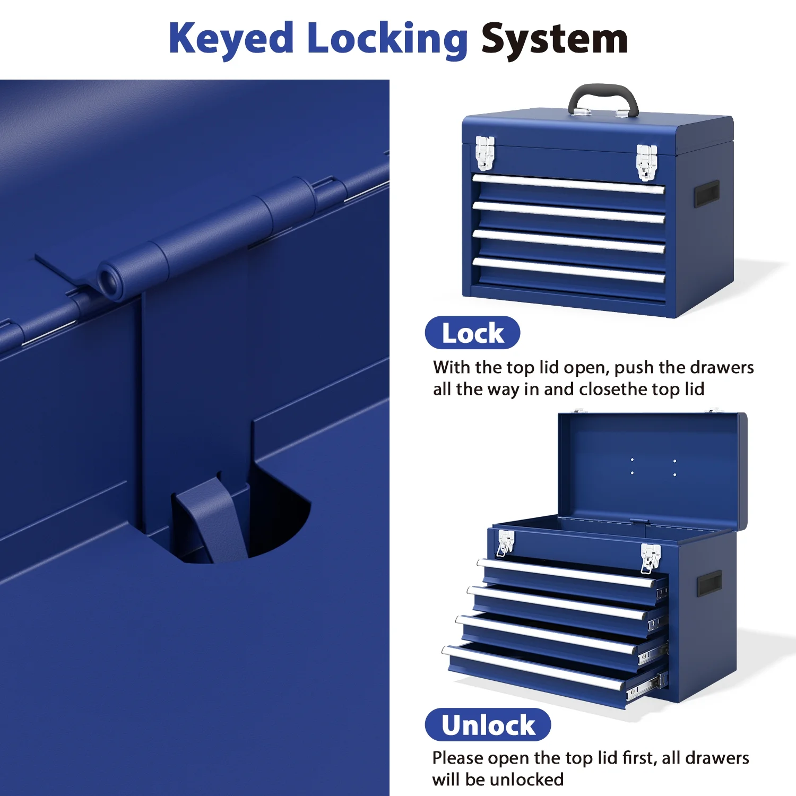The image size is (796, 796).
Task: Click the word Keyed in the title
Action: tap(231, 38)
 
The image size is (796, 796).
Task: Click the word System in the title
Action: tap(555, 39)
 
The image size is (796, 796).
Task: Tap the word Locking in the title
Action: tap(387, 38)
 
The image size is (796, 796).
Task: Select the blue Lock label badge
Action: tap(472, 333)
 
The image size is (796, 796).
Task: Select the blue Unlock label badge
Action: tap(488, 725)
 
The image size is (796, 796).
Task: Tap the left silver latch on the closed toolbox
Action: tap(484, 153)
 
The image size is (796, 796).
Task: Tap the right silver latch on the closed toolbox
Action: tap(646, 162)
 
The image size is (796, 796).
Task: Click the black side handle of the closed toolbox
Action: tap(707, 194)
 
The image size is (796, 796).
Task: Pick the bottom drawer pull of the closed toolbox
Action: tap(568, 270)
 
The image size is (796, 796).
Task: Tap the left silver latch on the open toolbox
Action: tap(505, 543)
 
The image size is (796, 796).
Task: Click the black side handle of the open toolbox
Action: tap(710, 584)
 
